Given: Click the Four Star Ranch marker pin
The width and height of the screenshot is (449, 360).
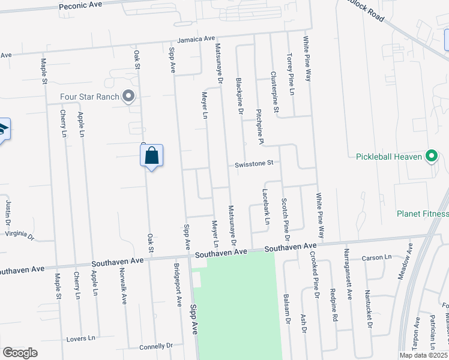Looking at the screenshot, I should [x=128, y=96].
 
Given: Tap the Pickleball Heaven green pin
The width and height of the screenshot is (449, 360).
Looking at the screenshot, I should [x=431, y=157].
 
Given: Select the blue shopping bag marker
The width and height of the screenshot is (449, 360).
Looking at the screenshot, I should [x=152, y=156].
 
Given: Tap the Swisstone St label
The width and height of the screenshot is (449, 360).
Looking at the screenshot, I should [x=254, y=163].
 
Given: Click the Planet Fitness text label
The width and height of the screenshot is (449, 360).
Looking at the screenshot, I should [x=422, y=214].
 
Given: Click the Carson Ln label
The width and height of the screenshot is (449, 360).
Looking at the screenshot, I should [x=376, y=258].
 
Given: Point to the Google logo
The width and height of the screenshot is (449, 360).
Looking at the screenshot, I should [x=20, y=353].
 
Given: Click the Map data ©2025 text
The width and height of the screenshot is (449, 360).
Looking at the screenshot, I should [x=423, y=355].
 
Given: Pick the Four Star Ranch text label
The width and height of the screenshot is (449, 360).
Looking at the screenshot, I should [x=89, y=97].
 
